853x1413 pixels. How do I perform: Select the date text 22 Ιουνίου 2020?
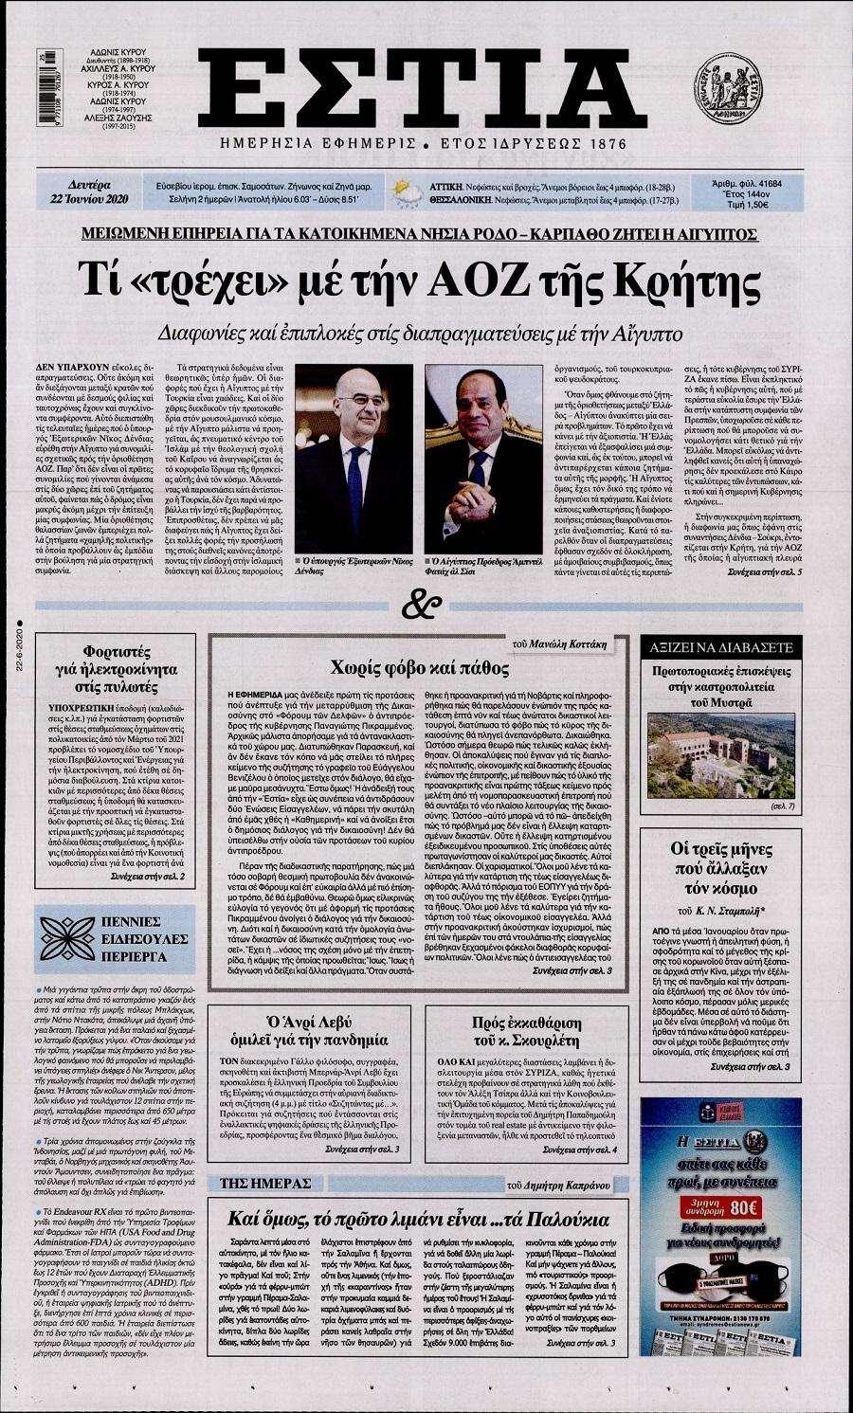pyautogui.click(x=92, y=199)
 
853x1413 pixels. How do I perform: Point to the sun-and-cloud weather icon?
pyautogui.click(x=409, y=190)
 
